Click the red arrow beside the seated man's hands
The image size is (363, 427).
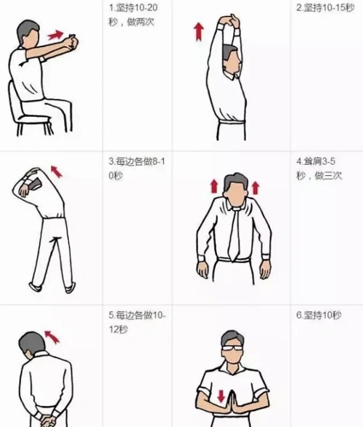[54, 34]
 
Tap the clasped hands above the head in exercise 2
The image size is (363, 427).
[229, 21]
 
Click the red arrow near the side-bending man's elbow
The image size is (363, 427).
[56, 172]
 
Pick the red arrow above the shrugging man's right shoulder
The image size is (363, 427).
[214, 187]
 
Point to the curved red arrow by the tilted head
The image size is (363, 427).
[52, 335]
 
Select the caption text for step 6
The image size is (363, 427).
[319, 315]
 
